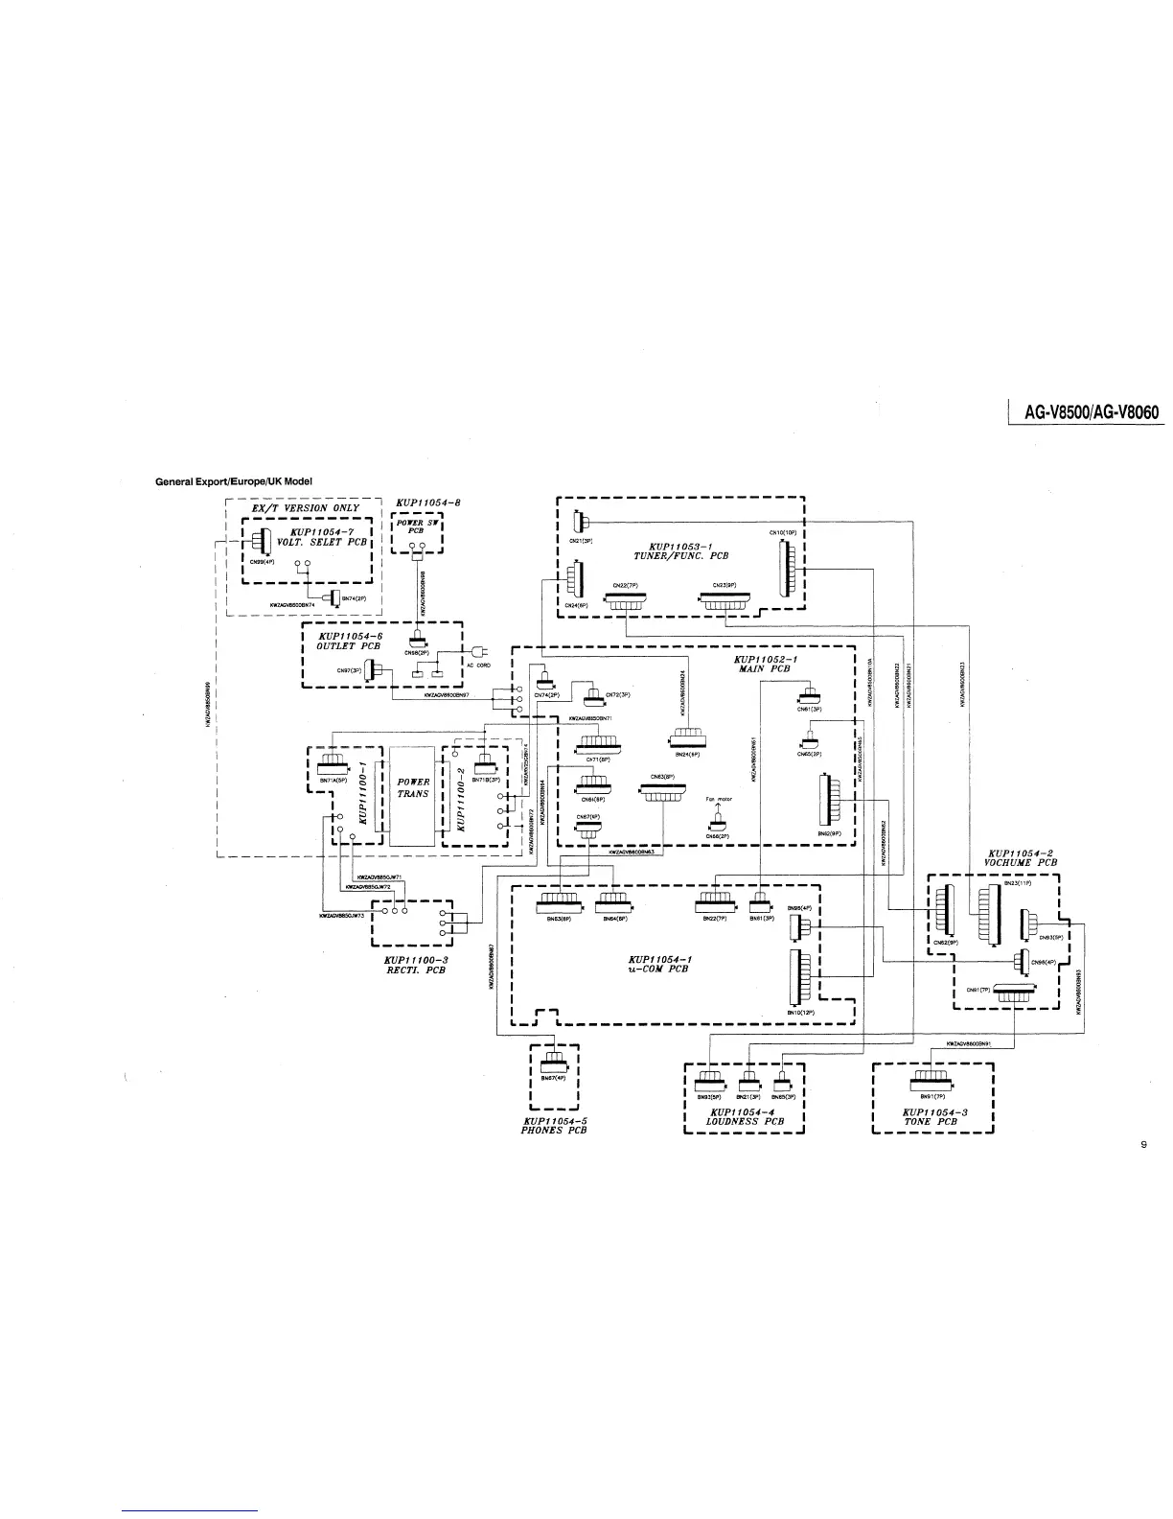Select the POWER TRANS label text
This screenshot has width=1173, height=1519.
[x=413, y=788]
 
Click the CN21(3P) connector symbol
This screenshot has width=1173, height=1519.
[x=578, y=523]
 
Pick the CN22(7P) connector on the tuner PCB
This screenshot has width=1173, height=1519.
[x=625, y=600]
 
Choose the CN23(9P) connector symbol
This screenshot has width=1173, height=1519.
[x=727, y=601]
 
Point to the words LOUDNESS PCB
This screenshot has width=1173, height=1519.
[x=745, y=1120]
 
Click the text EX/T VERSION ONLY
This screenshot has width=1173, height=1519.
[x=299, y=507]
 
